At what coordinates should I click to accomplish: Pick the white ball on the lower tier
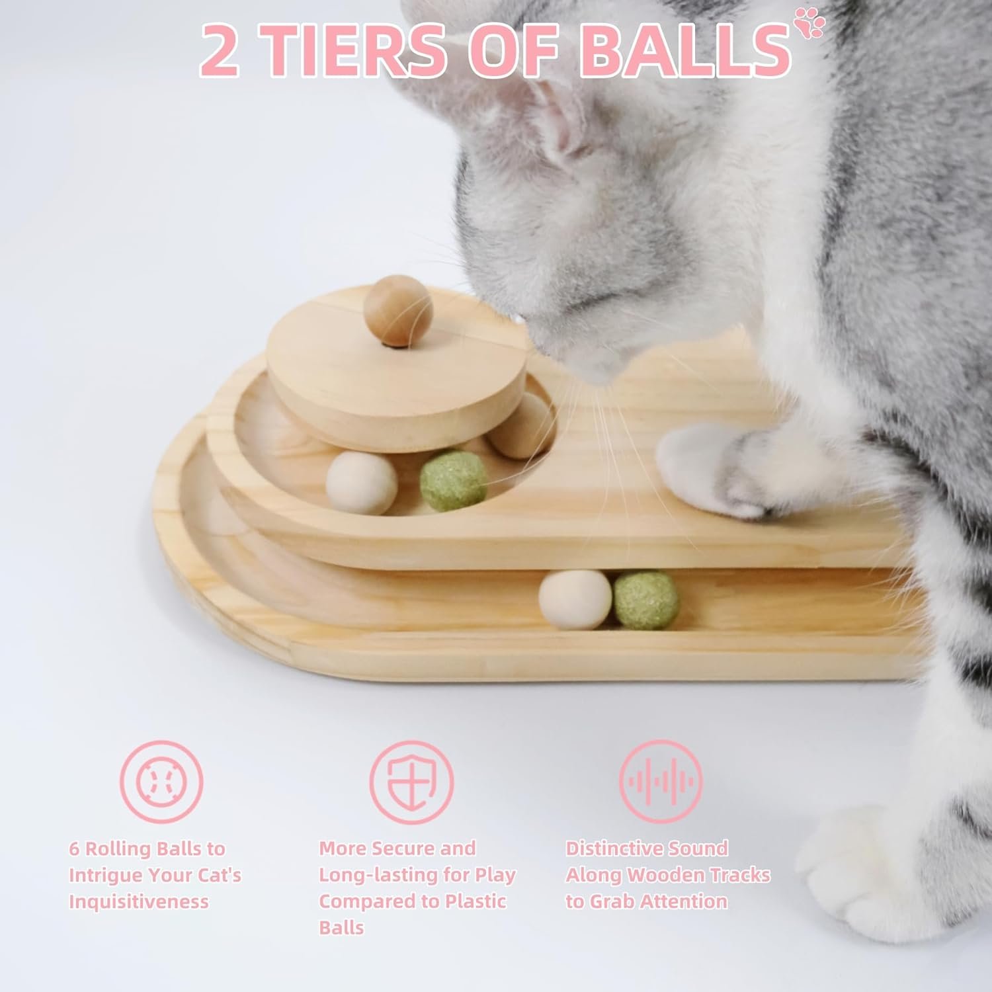(575, 600)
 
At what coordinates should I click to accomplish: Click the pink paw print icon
(810, 22)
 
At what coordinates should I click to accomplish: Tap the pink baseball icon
(161, 782)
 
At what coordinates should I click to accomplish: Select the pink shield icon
(411, 782)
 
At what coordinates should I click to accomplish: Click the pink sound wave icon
(661, 782)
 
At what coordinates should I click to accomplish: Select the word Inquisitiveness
(139, 901)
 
